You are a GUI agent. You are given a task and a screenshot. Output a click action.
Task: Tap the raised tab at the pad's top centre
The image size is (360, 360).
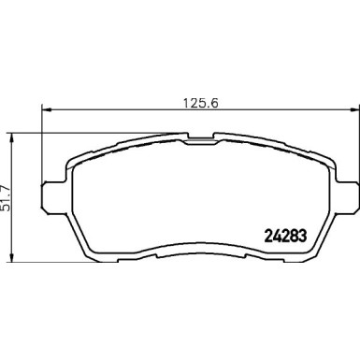(x=200, y=139)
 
